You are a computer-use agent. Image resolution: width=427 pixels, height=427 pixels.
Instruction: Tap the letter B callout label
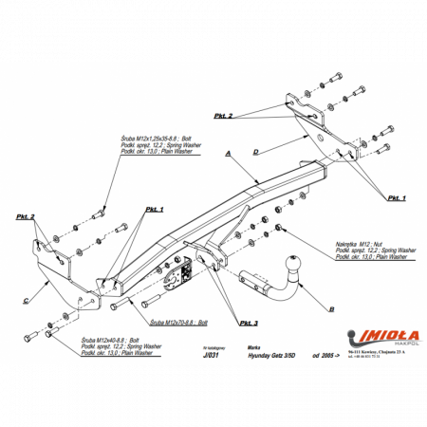(x=330, y=309)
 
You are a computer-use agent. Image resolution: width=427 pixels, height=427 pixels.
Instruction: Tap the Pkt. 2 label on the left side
(x=26, y=217)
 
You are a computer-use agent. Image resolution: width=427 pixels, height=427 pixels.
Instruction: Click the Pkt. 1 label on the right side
(x=396, y=197)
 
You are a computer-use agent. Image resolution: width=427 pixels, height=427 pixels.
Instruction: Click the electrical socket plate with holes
(x=179, y=273)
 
